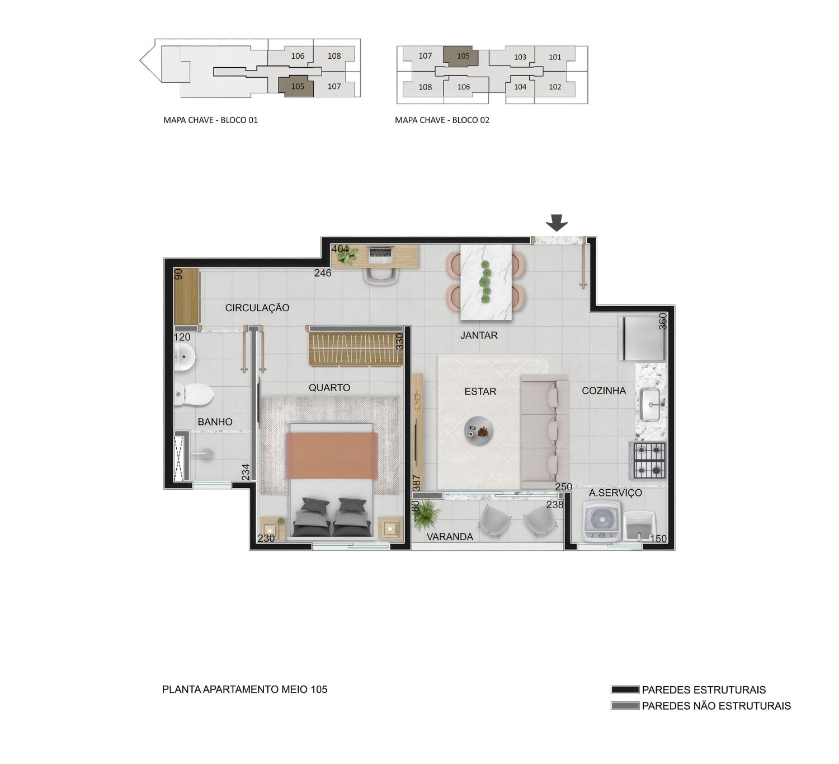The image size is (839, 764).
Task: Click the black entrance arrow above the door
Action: click(557, 223)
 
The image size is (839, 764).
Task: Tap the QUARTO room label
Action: click(329, 388)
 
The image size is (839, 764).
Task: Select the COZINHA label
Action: click(604, 391)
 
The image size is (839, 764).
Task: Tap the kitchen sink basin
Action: click(651, 405)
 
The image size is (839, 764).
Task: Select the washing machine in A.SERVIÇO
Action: click(602, 522)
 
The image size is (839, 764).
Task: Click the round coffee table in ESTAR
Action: click(478, 431)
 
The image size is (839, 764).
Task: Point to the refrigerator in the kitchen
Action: click(643, 339)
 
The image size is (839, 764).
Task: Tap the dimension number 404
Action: click(340, 249)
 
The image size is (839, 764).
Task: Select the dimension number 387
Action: click(416, 482)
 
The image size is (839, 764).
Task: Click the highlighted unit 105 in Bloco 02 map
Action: click(464, 56)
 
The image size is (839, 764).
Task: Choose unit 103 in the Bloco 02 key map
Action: click(520, 57)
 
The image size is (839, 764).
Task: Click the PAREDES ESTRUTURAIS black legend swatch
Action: click(625, 690)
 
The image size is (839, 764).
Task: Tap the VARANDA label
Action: click(450, 537)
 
